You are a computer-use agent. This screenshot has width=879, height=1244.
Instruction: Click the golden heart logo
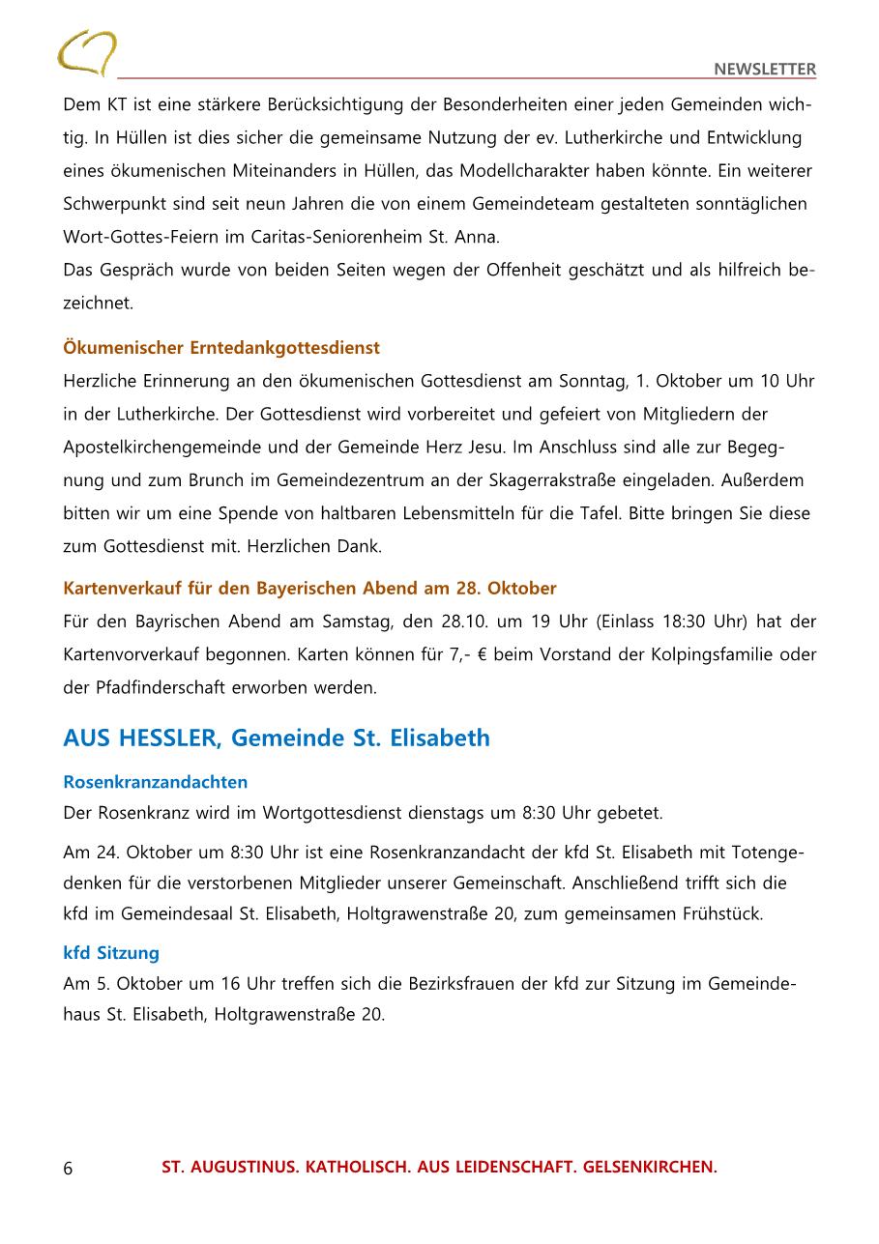coord(86,53)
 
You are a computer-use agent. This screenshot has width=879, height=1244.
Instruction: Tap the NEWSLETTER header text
coord(765,69)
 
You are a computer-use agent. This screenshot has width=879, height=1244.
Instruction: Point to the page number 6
coord(68,1168)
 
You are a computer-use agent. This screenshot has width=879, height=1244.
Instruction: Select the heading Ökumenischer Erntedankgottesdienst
coord(221,348)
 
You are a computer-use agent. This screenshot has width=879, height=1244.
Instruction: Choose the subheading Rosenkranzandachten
coord(156,782)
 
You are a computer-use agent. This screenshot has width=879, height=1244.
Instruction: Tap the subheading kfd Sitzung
coord(111,953)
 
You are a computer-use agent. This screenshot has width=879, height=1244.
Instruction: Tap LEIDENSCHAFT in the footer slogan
coord(482,1168)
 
